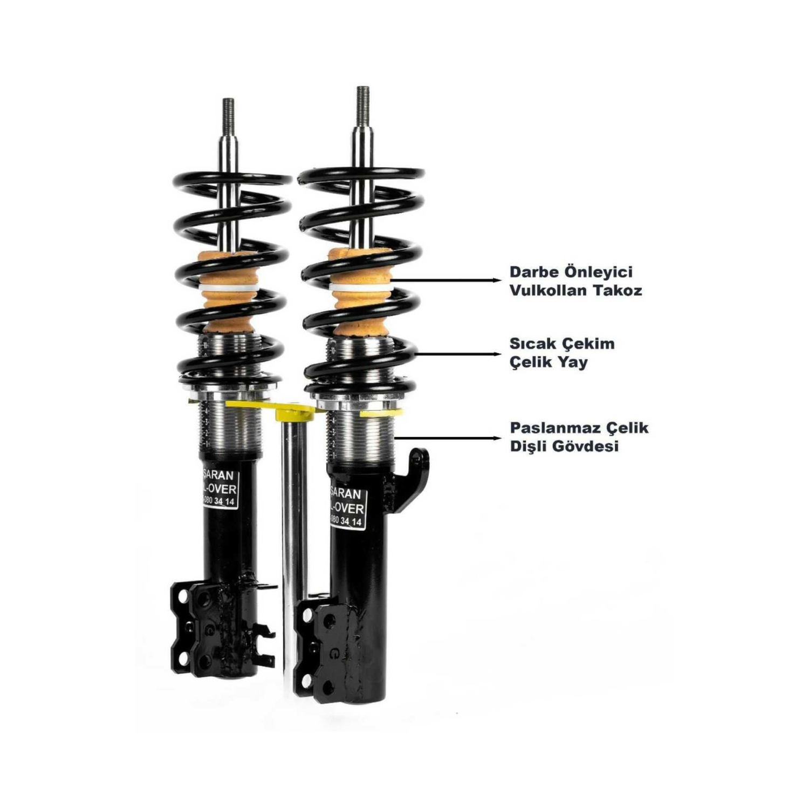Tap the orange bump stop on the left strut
click(x=227, y=291)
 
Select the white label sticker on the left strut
click(x=218, y=488)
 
